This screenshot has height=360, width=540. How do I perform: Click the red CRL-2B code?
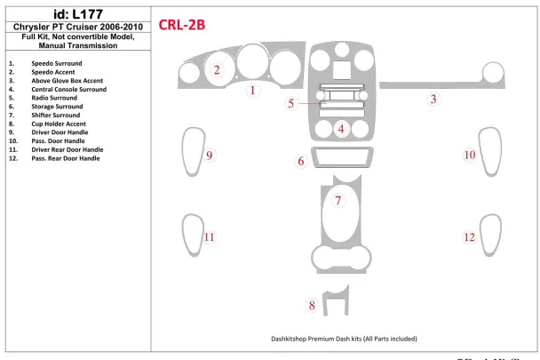181,25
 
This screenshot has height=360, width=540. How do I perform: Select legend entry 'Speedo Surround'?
57,64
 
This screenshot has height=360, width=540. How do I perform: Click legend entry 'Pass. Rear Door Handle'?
66,157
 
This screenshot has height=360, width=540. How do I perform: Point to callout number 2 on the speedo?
217,69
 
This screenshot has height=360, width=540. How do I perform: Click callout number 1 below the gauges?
253,91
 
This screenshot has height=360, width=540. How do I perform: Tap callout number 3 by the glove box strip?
433,99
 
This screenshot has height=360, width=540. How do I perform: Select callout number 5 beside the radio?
291,104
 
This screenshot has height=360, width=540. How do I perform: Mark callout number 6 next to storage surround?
302,161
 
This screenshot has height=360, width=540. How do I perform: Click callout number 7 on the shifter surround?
338,200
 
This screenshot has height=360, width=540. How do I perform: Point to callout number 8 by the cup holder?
312,306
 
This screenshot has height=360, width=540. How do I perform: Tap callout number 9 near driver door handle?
210,156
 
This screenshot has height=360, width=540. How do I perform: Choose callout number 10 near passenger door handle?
470,156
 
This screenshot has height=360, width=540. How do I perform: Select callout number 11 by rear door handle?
210,237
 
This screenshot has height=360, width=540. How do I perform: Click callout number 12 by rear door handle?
470,237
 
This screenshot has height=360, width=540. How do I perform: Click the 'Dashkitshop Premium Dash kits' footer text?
344,339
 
